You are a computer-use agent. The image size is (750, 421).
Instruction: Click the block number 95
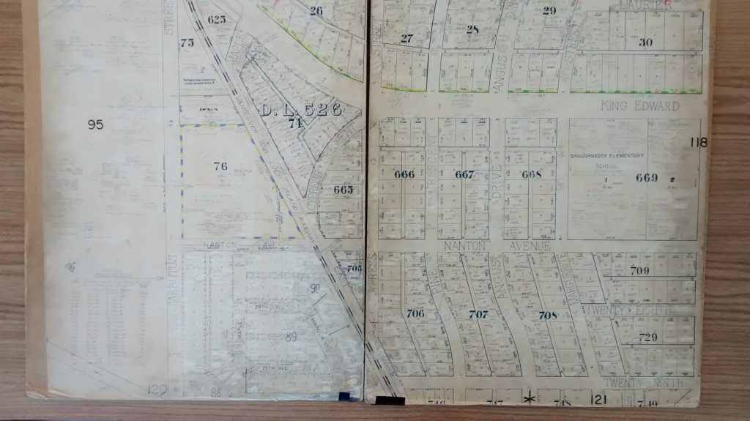click(x=95, y=124)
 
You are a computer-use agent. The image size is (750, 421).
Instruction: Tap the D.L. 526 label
click(x=301, y=111)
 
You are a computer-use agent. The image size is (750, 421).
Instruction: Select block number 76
click(x=220, y=165)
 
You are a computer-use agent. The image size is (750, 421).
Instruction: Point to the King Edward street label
click(x=640, y=106)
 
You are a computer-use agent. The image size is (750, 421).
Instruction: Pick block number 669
click(x=647, y=177)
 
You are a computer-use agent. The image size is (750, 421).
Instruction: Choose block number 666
click(x=404, y=174)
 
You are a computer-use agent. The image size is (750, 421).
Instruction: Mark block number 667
click(x=464, y=174)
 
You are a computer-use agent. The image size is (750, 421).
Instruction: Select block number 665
click(x=343, y=190)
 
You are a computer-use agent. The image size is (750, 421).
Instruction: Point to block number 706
click(x=415, y=313)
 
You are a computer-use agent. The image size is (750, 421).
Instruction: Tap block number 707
click(x=478, y=315)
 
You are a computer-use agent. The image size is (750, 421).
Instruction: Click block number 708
click(x=548, y=315)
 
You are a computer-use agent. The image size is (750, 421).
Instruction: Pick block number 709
click(x=639, y=271)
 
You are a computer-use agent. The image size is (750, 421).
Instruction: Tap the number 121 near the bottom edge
click(x=599, y=399)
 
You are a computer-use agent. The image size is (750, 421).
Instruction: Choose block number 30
click(x=645, y=42)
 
